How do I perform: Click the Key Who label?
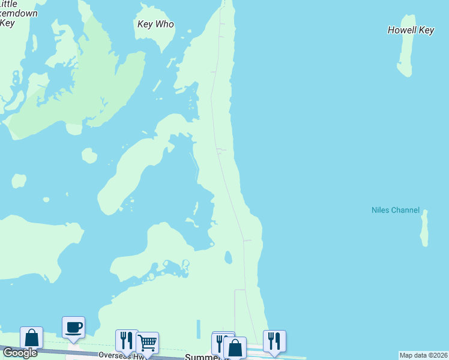tap(155, 25)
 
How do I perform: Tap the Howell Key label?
tap(411, 30)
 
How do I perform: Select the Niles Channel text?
tap(395, 210)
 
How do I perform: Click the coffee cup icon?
tap(73, 328)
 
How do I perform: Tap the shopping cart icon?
tap(147, 343)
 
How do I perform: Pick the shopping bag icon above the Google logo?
tap(31, 337)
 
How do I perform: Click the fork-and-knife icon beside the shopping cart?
tap(126, 340)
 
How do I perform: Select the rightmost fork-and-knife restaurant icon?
tap(274, 341)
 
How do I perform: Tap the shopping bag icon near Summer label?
tap(235, 347)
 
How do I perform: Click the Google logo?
tap(20, 353)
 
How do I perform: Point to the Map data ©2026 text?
tap(424, 355)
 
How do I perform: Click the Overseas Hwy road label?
tap(120, 355)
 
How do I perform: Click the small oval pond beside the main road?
tap(228, 257)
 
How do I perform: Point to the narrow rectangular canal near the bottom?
tap(198, 329)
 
